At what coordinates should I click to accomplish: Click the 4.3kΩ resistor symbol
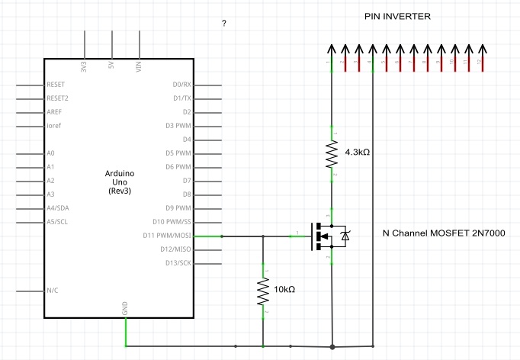click(x=332, y=154)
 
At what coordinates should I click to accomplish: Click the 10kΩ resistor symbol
click(x=263, y=291)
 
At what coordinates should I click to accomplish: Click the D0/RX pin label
click(x=181, y=85)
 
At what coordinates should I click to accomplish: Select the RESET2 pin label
click(x=58, y=98)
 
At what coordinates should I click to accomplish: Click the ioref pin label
click(x=54, y=126)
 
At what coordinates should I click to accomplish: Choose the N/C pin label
click(x=53, y=291)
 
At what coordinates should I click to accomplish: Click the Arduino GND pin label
click(x=125, y=307)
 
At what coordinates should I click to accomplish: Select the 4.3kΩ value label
click(x=357, y=153)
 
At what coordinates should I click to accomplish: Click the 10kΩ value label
click(x=284, y=289)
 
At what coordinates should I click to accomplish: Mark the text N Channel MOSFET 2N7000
click(x=444, y=233)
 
